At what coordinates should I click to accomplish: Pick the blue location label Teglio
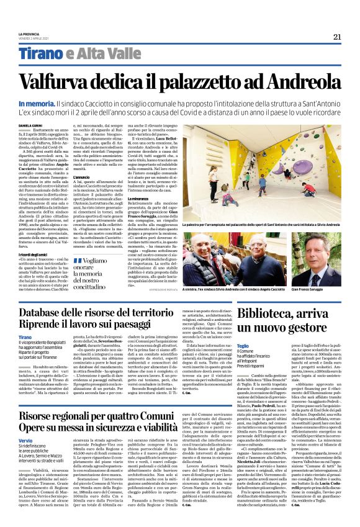[244, 329]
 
